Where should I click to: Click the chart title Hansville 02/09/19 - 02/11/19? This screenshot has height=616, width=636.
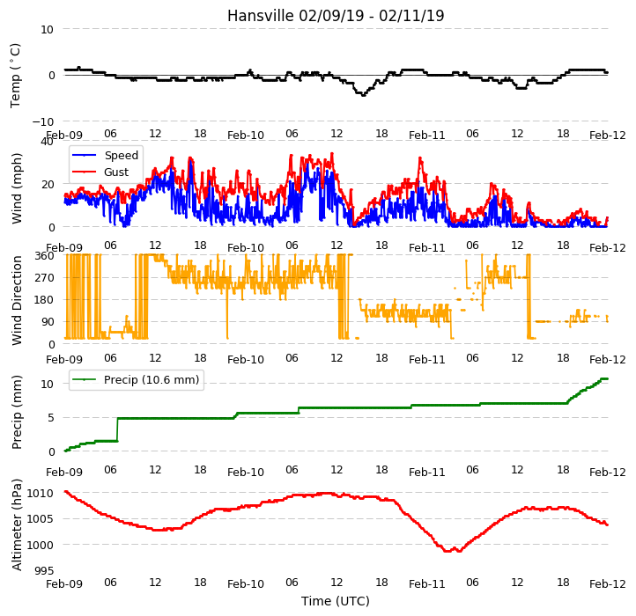336,16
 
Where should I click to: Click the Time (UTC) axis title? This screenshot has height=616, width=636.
336,600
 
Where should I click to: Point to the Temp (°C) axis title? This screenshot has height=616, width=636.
15,76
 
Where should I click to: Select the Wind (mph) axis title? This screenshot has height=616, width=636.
16,188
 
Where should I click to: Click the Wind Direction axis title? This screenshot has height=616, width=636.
16,300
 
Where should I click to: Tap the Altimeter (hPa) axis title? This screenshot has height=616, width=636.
16,525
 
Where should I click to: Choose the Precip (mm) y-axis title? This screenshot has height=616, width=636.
16,412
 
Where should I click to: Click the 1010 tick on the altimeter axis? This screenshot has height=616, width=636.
40,493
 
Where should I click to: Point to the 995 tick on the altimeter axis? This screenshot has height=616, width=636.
44,570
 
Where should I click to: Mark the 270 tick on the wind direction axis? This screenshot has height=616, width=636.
45,277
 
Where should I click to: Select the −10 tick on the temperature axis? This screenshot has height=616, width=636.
43,121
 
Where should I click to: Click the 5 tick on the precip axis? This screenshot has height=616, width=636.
50,418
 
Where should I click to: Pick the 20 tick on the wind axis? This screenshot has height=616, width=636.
47,185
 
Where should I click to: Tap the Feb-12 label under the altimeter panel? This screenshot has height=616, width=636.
607,584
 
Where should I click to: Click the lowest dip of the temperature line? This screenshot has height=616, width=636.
363,95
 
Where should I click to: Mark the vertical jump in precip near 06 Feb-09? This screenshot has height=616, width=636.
118,429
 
